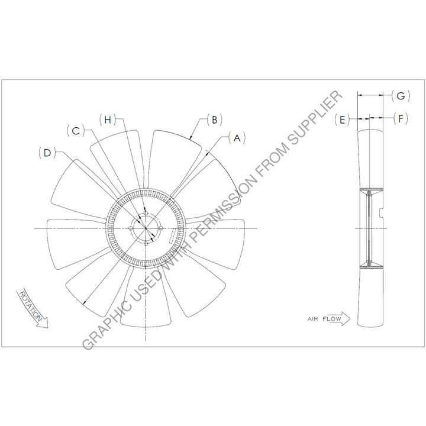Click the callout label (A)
pos(237,138)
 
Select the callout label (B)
pos(214,120)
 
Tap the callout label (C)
pos(76,131)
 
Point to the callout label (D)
pos(47,153)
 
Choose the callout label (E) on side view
pos(342,120)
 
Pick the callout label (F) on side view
pos(401,118)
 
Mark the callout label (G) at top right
pos(401,96)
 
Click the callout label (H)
pos(108,120)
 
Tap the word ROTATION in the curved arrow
pos(31,306)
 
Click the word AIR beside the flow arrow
pos(313,319)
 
